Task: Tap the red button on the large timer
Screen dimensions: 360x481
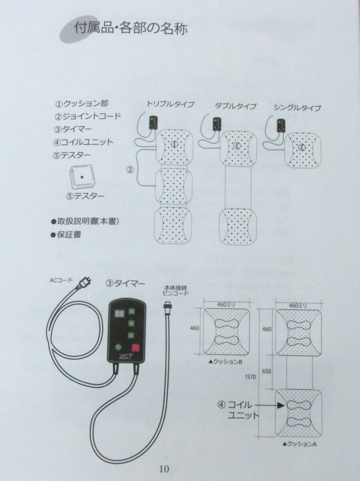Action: [x=136, y=348]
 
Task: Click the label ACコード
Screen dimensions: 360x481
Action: [x=61, y=280]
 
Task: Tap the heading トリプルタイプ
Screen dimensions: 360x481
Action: [x=170, y=104]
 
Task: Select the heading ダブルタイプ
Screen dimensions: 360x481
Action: [x=235, y=106]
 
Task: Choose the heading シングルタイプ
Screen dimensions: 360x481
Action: [x=297, y=108]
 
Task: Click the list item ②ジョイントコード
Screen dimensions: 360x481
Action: [x=88, y=116]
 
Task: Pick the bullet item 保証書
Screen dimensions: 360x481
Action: [x=66, y=235]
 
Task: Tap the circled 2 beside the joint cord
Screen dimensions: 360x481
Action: [x=130, y=170]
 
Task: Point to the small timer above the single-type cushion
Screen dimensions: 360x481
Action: [x=281, y=125]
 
